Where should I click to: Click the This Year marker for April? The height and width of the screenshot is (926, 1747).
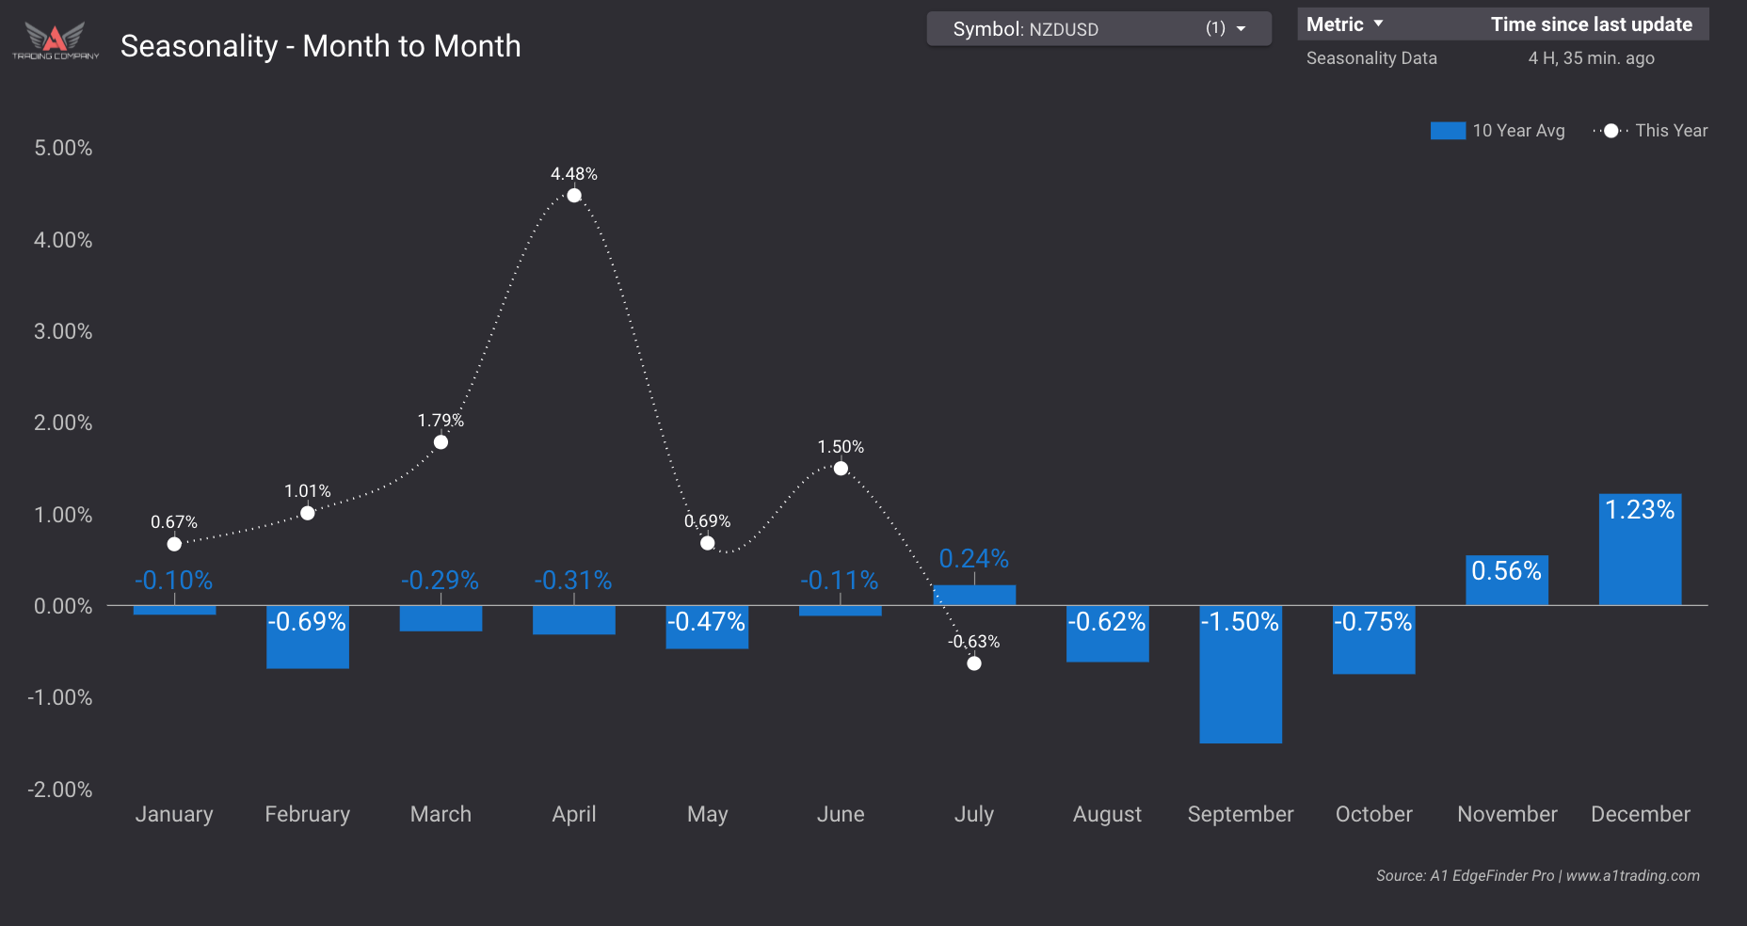(574, 196)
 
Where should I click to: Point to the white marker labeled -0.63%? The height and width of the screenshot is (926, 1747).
(974, 663)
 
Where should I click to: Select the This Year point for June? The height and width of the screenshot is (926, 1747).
(841, 469)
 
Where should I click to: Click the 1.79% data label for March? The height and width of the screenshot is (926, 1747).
(441, 421)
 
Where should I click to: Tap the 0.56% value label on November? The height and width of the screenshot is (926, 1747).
(1506, 571)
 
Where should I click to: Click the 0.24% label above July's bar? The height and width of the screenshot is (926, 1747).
(973, 559)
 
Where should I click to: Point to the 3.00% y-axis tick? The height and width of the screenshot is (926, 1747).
(63, 331)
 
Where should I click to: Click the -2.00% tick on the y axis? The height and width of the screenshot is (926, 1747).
(60, 790)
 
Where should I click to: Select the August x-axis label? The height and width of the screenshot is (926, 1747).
(1107, 814)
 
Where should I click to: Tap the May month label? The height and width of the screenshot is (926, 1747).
(707, 814)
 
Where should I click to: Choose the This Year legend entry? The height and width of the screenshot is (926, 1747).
(1651, 131)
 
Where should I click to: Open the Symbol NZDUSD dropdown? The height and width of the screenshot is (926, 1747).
(1098, 29)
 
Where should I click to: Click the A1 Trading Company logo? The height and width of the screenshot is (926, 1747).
(56, 41)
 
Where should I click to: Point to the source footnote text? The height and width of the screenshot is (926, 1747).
(1537, 875)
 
